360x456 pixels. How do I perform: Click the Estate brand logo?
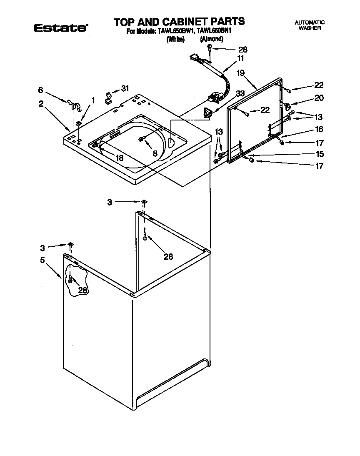pyautogui.click(x=60, y=28)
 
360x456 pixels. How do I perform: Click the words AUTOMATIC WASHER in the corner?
pyautogui.click(x=309, y=25)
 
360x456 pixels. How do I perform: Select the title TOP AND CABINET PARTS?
pyautogui.click(x=179, y=21)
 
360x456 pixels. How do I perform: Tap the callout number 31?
pyautogui.click(x=125, y=88)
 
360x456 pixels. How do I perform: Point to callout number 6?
pyautogui.click(x=40, y=90)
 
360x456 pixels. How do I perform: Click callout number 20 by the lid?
pyautogui.click(x=319, y=98)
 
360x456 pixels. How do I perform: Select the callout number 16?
pyautogui.click(x=319, y=130)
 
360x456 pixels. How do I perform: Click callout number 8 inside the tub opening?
pyautogui.click(x=155, y=153)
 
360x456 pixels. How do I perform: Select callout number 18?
pyautogui.click(x=120, y=158)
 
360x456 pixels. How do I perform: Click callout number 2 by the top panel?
pyautogui.click(x=42, y=104)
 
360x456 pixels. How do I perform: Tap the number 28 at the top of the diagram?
pyautogui.click(x=242, y=49)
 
